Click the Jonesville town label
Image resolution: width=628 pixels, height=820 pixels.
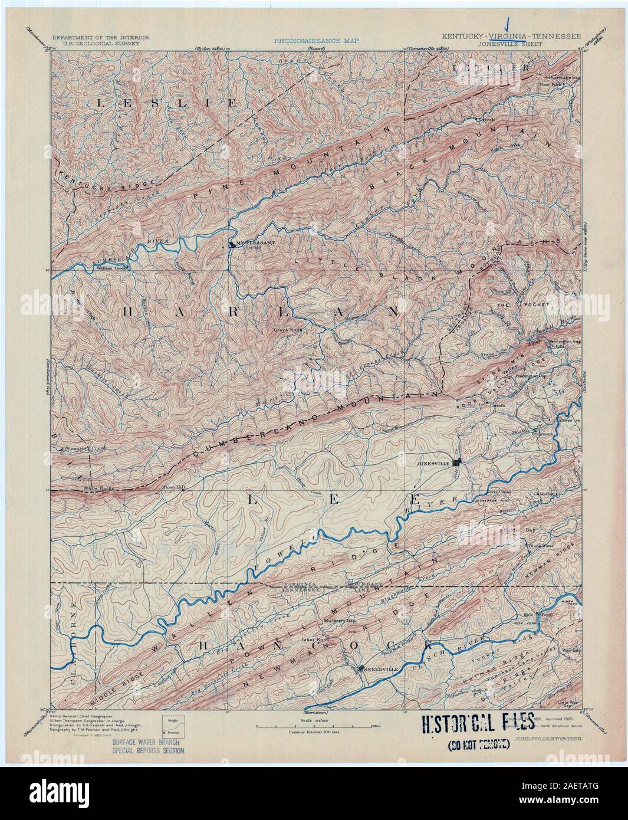tap(433, 464)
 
